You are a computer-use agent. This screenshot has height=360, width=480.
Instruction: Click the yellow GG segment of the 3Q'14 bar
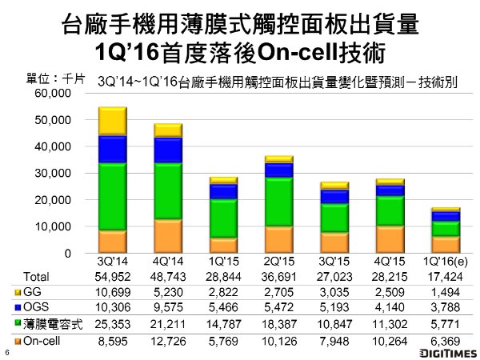113,121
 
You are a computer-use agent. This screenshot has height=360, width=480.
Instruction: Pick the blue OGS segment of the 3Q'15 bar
334,197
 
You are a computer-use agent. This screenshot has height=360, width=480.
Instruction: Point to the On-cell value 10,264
390,342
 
